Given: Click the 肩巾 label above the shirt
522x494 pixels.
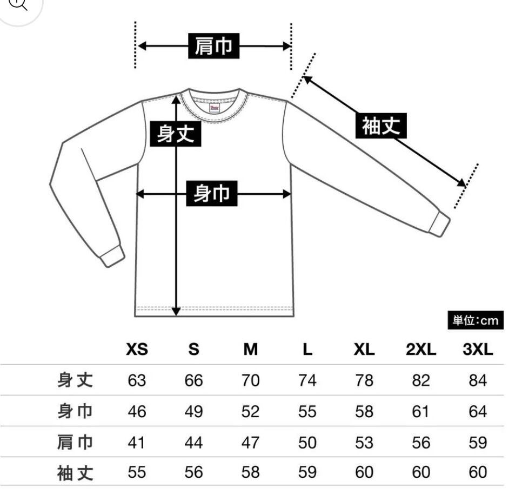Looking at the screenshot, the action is [x=213, y=46].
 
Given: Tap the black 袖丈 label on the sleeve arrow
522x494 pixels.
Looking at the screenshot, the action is [x=381, y=126].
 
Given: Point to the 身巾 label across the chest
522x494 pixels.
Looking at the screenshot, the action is [x=212, y=193].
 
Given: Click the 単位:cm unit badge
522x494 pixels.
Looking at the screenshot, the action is [x=475, y=321].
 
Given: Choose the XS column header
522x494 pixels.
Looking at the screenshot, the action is [x=137, y=350].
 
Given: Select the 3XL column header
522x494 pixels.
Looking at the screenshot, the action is [x=478, y=350].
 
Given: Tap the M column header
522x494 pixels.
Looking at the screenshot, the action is [x=250, y=350].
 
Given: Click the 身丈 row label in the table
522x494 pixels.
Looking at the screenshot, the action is [x=75, y=380].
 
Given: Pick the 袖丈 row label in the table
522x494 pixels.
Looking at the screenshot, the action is [x=75, y=473].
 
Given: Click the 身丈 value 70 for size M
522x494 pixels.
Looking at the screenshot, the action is [x=250, y=380].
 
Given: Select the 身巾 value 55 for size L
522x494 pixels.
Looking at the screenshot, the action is [x=307, y=412].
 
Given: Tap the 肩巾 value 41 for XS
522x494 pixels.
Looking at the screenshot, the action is [x=137, y=443].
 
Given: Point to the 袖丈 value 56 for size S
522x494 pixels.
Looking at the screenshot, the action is [x=193, y=473].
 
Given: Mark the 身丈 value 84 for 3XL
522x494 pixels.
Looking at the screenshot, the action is [x=478, y=380].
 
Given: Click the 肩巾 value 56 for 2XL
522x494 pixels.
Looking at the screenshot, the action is [x=421, y=443].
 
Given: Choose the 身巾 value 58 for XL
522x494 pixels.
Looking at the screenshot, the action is [x=364, y=412].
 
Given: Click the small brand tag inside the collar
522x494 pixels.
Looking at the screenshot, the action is [x=215, y=108].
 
